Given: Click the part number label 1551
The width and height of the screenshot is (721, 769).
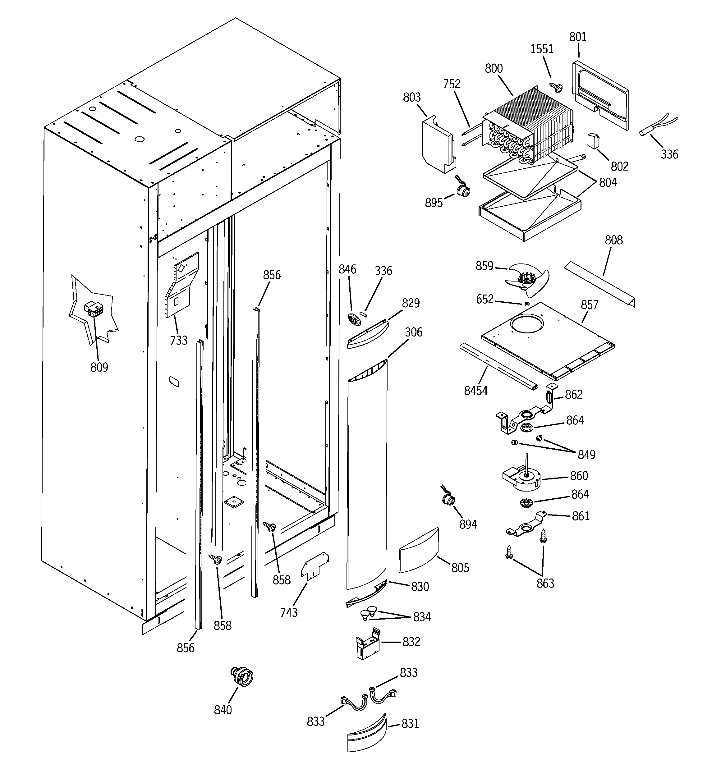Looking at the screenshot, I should click(541, 49).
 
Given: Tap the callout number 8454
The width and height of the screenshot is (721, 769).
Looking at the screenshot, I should click(475, 391).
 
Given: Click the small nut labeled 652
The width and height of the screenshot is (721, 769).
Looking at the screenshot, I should click(527, 304).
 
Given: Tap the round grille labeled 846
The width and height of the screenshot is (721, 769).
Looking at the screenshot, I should click(354, 319).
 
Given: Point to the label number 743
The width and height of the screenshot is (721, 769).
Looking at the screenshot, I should click(289, 613).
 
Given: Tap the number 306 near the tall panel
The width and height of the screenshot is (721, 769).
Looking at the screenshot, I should click(413, 332).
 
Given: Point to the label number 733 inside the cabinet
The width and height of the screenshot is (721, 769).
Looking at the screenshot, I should click(178, 341).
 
